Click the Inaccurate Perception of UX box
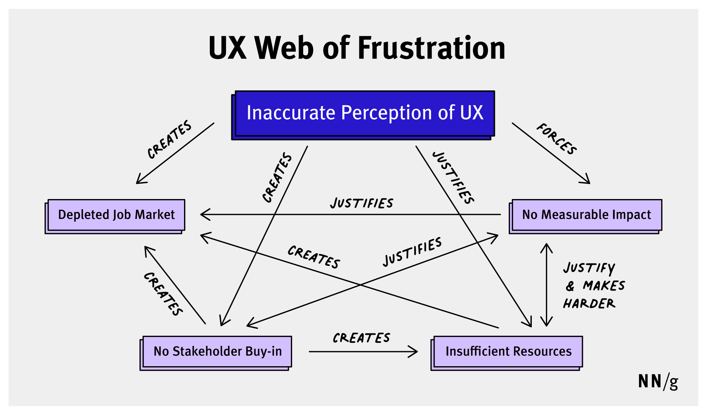tap(364, 113)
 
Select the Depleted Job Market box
tap(116, 215)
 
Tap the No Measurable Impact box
tap(586, 215)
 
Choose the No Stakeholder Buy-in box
tap(217, 352)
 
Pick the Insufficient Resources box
tap(508, 352)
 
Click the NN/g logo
tap(658, 381)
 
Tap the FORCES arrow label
tap(557, 139)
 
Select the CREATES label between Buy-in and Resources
tap(361, 338)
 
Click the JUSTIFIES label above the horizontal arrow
tap(362, 203)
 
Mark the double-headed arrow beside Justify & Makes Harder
tap(546, 285)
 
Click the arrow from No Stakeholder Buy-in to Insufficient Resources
tap(363, 351)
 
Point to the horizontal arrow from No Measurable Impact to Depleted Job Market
tap(350, 214)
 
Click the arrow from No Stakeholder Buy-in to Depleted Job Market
tap(175, 285)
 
